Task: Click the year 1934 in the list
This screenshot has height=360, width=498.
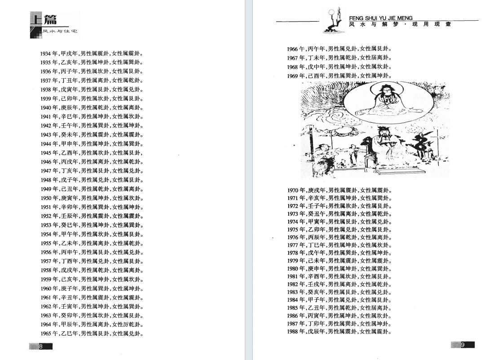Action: [45, 53]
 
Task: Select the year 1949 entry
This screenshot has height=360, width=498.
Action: [45, 189]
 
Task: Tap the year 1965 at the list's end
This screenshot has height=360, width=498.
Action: [45, 333]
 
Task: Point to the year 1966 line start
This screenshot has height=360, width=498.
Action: [292, 49]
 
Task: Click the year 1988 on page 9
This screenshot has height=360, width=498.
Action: [292, 332]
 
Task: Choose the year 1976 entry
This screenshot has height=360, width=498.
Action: [292, 237]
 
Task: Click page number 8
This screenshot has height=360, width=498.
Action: [41, 347]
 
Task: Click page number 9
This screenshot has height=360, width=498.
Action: [463, 345]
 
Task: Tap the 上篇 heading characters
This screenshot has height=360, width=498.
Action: [44, 19]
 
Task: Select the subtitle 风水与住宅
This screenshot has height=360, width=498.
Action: [60, 31]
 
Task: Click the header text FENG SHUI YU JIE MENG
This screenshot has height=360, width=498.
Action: [381, 18]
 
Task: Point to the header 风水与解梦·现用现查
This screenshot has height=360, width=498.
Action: [400, 24]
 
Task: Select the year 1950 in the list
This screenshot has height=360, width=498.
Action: [45, 198]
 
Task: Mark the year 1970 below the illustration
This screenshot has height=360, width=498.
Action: [292, 191]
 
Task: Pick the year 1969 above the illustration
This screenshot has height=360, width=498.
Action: [292, 76]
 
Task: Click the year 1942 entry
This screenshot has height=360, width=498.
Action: [45, 126]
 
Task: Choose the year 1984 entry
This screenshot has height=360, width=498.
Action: [292, 300]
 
